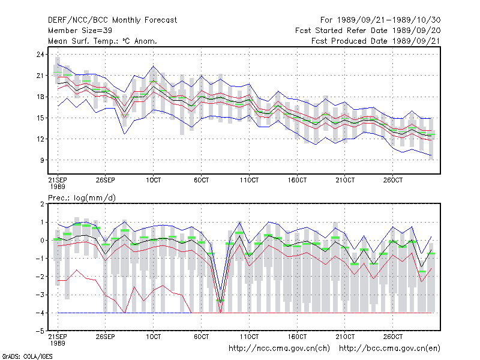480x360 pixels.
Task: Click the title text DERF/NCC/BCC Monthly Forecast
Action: (112, 20)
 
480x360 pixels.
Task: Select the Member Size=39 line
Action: (80, 31)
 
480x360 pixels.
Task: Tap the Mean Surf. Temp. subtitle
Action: (102, 41)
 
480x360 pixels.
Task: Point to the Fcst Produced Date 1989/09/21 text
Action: (376, 41)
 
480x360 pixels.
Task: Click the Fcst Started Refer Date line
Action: (368, 31)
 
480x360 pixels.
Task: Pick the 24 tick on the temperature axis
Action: (40, 55)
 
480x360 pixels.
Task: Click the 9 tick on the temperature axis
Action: (41, 160)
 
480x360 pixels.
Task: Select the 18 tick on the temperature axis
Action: (40, 97)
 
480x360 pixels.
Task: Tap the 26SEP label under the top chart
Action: (106, 180)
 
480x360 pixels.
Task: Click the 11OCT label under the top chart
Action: (249, 180)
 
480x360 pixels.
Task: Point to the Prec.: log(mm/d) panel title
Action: (82, 198)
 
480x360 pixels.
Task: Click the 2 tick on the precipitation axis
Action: (42, 204)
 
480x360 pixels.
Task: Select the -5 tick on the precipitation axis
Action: (40, 331)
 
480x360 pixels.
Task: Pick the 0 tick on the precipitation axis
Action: (42, 241)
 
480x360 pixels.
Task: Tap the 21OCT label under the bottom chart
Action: (345, 337)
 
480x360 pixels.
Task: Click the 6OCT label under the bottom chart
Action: (201, 337)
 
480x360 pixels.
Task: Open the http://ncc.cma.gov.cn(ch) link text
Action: (279, 349)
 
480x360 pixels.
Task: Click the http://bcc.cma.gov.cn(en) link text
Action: (389, 349)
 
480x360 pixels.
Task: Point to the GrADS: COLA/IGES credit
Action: (27, 356)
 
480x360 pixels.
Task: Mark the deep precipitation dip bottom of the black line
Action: (220, 302)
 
